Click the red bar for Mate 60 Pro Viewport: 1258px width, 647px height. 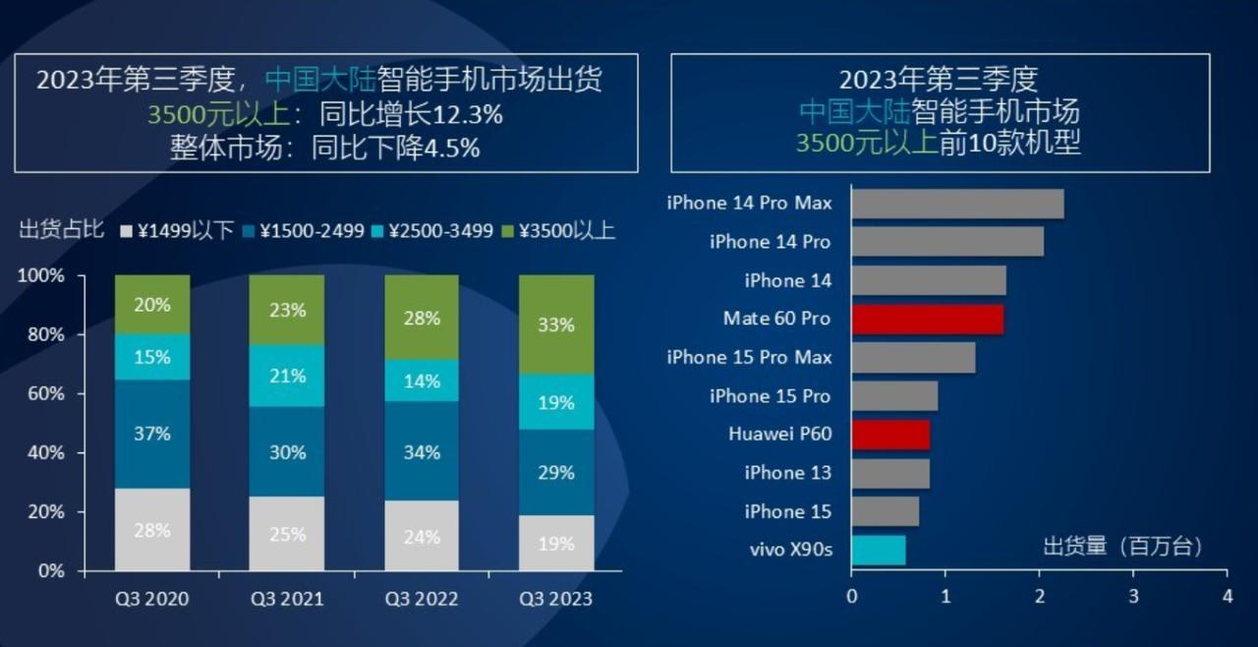(x=927, y=320)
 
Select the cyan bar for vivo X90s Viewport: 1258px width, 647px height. (x=878, y=550)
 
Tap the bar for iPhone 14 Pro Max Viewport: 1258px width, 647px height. (x=957, y=204)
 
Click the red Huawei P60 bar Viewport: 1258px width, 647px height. (x=890, y=435)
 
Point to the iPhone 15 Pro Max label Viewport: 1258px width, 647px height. (x=749, y=357)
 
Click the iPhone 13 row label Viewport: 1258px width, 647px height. (x=787, y=473)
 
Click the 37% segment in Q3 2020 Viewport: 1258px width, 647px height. (x=152, y=434)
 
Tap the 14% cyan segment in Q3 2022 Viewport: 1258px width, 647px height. (x=422, y=381)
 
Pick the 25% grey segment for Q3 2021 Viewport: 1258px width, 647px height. (x=286, y=534)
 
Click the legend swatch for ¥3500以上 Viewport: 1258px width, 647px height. (x=508, y=232)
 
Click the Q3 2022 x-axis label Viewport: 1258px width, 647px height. (x=422, y=599)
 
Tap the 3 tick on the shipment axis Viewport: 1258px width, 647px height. (x=1133, y=596)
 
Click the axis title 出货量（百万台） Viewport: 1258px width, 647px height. (x=1122, y=546)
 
